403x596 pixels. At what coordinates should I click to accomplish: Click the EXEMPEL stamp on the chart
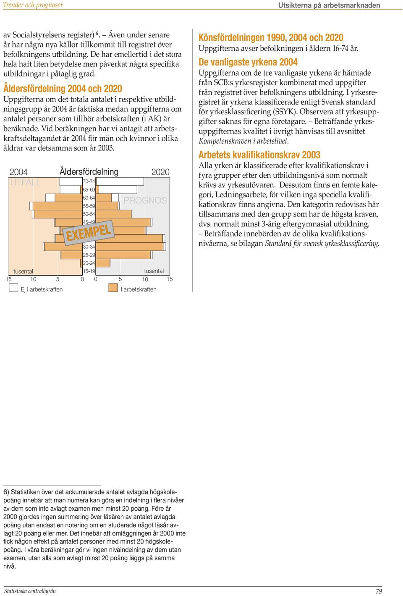point(89,233)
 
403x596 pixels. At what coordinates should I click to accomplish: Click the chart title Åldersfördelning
point(89,172)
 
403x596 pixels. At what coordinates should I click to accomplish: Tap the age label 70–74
point(89,181)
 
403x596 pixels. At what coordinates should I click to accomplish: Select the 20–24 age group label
point(89,263)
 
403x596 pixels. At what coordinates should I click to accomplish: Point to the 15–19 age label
point(89,271)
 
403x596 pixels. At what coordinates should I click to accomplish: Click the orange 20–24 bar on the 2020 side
point(103,263)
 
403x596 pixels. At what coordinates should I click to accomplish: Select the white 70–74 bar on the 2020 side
point(120,181)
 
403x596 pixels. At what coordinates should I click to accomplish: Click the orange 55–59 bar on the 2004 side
point(57,206)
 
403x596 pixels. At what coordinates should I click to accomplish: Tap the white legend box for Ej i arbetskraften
point(13,288)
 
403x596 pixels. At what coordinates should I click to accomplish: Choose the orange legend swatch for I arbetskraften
point(113,288)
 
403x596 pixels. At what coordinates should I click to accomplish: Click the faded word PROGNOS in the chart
point(145,200)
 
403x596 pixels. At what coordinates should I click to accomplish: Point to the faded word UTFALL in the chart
point(26,182)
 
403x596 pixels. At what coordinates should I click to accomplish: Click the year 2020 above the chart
point(160,172)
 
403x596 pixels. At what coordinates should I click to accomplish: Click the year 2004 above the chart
point(18,172)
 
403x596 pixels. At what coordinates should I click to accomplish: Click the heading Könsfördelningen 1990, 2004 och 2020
point(271,37)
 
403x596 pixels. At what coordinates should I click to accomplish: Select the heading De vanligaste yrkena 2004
point(248,62)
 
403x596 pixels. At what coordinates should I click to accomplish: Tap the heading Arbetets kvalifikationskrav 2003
point(259,155)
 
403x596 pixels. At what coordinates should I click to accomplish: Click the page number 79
point(379,591)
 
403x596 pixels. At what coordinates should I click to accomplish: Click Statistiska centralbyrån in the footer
point(30,591)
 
